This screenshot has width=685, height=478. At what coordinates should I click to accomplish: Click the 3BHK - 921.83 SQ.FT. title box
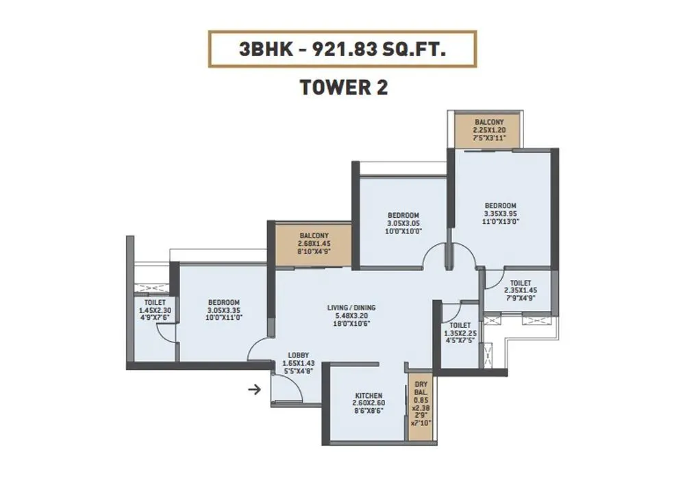click(x=342, y=49)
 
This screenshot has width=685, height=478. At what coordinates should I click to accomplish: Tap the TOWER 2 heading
click(x=342, y=88)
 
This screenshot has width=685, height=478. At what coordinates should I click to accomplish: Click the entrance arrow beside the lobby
click(x=254, y=390)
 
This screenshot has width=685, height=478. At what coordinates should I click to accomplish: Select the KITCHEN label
click(x=369, y=396)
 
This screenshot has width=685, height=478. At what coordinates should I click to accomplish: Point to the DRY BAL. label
click(x=420, y=388)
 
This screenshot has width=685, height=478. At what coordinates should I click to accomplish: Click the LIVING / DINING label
click(x=351, y=308)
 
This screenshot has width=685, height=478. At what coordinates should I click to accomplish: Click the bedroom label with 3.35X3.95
click(x=500, y=205)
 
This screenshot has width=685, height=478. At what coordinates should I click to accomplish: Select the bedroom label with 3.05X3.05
click(x=403, y=216)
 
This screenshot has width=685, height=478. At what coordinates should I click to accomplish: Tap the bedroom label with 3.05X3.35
click(x=224, y=303)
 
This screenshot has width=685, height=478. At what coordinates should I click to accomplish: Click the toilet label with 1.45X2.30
click(x=155, y=302)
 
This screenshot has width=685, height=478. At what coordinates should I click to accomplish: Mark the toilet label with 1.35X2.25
click(x=460, y=326)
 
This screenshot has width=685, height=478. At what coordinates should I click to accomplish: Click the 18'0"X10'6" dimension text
click(x=351, y=325)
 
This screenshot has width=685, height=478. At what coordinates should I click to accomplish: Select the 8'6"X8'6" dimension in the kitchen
click(x=369, y=411)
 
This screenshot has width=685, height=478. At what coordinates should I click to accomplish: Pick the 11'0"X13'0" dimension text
click(x=500, y=222)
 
